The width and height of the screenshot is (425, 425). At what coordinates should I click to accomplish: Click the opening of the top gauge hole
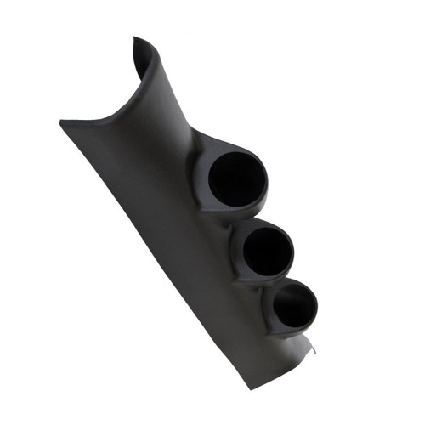point(237,179)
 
